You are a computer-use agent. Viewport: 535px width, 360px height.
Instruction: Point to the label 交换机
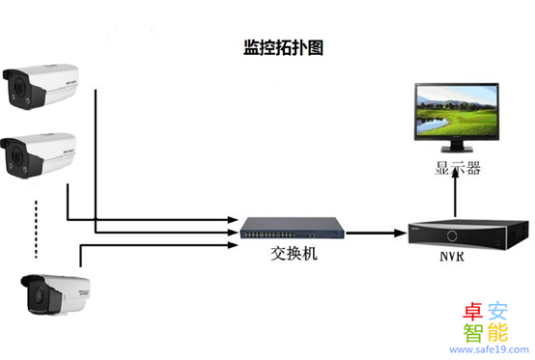(293, 256)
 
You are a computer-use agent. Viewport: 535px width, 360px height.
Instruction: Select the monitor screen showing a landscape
(457, 111)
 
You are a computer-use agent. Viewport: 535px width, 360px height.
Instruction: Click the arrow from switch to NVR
(375, 232)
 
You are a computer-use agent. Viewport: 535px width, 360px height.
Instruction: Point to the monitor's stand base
(457, 152)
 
